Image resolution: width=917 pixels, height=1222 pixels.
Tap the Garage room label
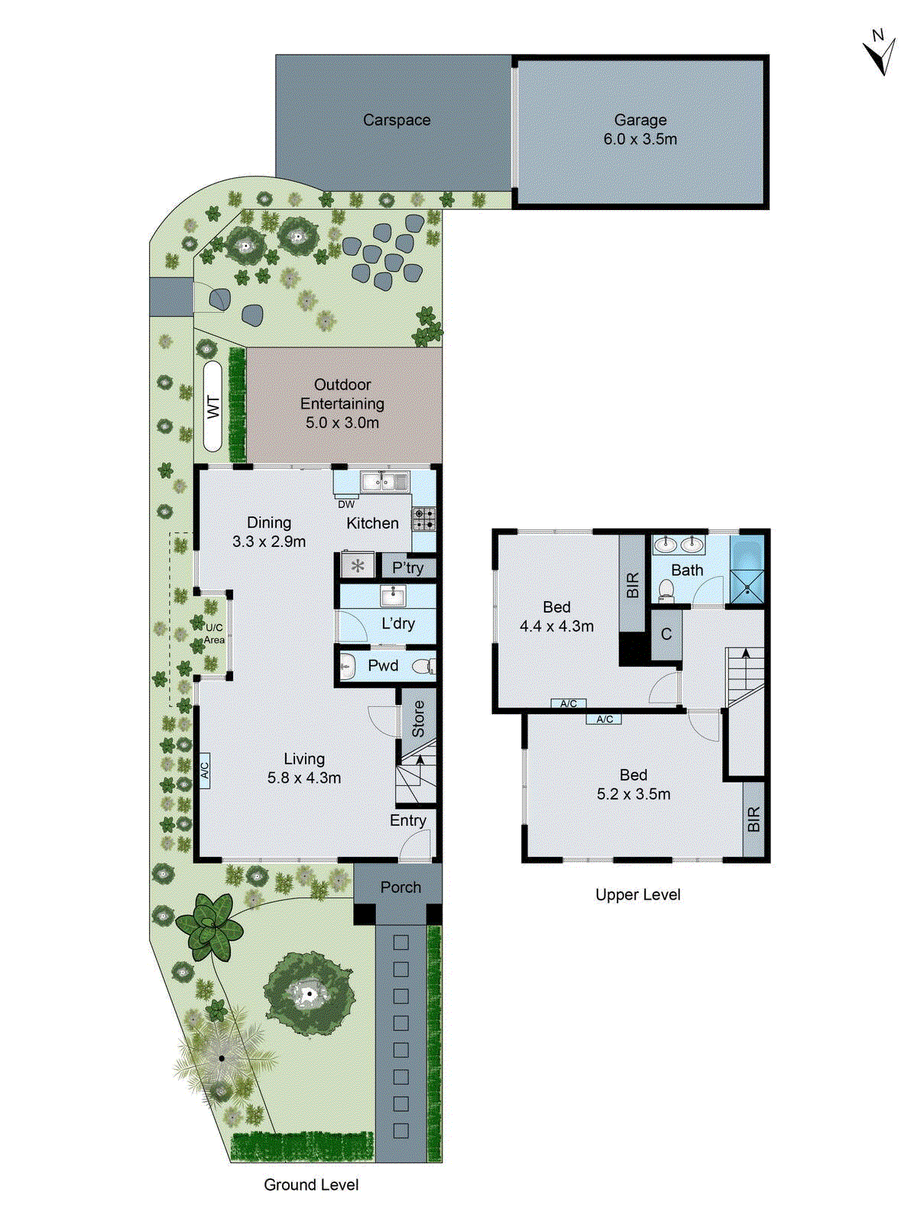click(640, 120)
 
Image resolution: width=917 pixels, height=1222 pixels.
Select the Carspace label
click(397, 120)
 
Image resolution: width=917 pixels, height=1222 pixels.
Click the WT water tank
click(213, 406)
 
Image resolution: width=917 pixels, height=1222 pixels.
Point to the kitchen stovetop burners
click(424, 519)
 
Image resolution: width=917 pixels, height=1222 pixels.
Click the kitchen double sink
click(385, 482)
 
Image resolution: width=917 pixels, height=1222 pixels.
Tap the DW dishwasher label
click(346, 504)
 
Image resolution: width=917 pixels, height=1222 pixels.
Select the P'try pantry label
click(407, 567)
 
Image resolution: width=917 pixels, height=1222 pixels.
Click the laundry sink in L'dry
click(393, 596)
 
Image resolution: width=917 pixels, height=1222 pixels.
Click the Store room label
click(418, 719)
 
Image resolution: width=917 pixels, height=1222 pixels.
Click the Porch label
click(400, 887)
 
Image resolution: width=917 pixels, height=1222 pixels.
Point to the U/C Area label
click(214, 634)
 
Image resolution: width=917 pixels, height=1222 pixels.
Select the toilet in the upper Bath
click(665, 590)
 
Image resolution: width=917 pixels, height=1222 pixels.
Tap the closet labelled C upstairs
click(666, 634)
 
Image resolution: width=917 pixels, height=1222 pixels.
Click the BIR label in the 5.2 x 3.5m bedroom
click(754, 819)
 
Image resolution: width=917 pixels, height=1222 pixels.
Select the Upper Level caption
click(637, 894)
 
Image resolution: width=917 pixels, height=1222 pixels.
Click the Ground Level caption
click(311, 1185)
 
